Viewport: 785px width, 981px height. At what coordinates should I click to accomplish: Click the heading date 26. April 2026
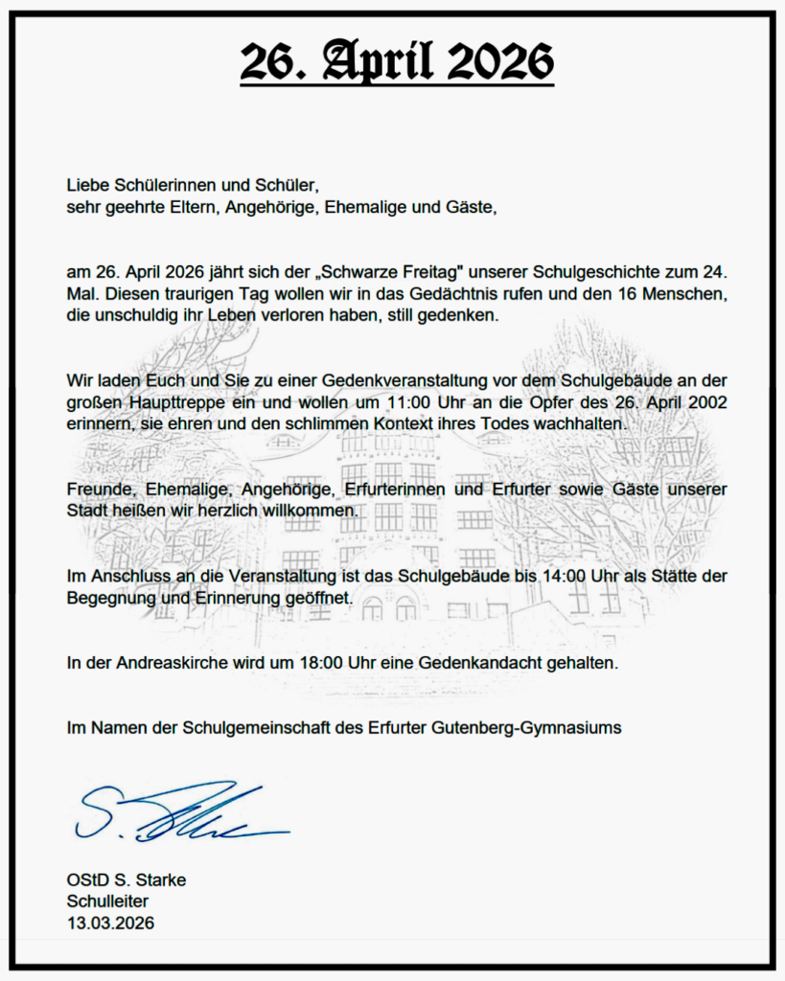tap(396, 63)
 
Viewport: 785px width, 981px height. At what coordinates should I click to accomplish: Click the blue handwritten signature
tap(173, 814)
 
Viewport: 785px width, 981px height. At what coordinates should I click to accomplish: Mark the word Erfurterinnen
tap(406, 490)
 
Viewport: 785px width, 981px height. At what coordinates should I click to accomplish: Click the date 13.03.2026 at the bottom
tap(110, 923)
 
